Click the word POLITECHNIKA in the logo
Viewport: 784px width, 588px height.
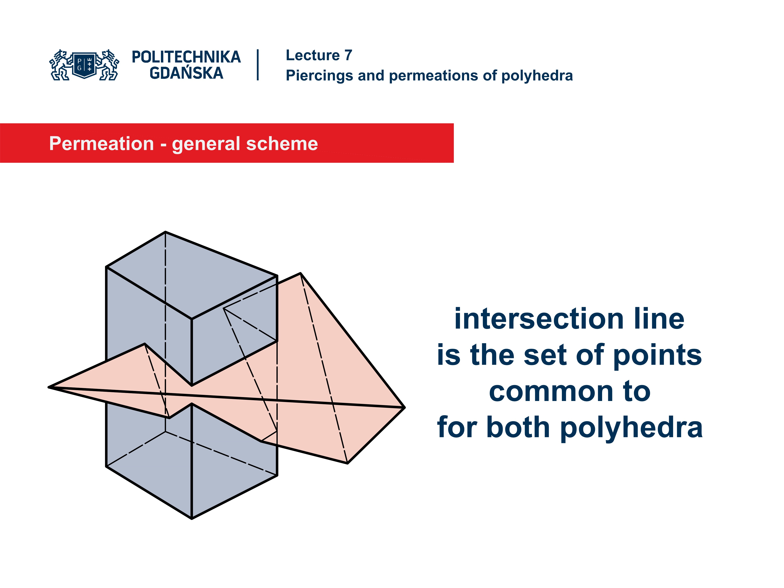click(x=186, y=57)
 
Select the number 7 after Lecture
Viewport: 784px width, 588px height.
click(x=348, y=55)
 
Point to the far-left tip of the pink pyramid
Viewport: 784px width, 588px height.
click(x=49, y=387)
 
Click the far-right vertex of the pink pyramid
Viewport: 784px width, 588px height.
click(x=404, y=408)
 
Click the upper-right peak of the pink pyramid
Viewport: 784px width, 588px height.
click(x=301, y=273)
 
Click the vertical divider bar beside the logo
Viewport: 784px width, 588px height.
click(x=258, y=65)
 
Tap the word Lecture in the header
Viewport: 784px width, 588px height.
click(x=312, y=55)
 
